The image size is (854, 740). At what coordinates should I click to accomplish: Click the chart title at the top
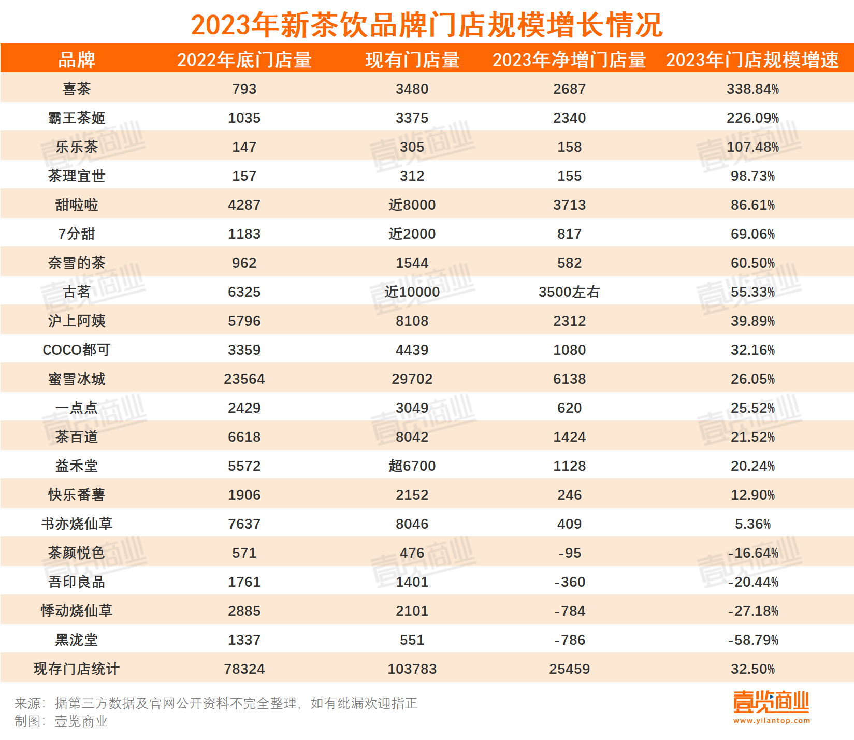pyautogui.click(x=427, y=24)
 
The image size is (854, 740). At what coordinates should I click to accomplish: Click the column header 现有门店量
pyautogui.click(x=412, y=60)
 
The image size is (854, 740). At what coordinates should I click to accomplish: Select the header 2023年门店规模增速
pyautogui.click(x=752, y=60)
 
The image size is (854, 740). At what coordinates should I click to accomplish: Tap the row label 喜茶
pyautogui.click(x=77, y=89)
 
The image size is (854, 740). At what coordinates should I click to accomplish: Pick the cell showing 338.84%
pyautogui.click(x=752, y=89)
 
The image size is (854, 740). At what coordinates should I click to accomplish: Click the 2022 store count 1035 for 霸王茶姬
pyautogui.click(x=244, y=118)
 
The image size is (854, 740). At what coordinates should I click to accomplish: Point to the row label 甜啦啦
pyautogui.click(x=77, y=205)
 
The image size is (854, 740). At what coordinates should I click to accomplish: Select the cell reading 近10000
pyautogui.click(x=412, y=292)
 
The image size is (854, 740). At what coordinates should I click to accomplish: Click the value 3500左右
pyautogui.click(x=569, y=292)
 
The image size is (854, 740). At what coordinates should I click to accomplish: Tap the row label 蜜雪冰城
pyautogui.click(x=77, y=379)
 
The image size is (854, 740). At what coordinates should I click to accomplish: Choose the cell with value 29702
pyautogui.click(x=412, y=379)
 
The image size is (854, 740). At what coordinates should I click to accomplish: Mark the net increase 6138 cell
pyautogui.click(x=569, y=379)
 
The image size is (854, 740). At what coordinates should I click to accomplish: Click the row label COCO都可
pyautogui.click(x=77, y=350)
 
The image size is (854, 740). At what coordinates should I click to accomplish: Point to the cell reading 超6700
pyautogui.click(x=412, y=466)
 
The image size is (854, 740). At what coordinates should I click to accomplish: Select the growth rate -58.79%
pyautogui.click(x=752, y=640)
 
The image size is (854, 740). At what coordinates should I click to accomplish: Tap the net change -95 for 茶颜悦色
pyautogui.click(x=569, y=553)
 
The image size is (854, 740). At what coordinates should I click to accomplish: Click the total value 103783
pyautogui.click(x=412, y=669)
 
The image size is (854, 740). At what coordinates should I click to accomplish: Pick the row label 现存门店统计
pyautogui.click(x=77, y=669)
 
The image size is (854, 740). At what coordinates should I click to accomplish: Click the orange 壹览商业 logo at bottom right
pyautogui.click(x=771, y=702)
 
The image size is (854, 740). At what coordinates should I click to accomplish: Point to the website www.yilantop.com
pyautogui.click(x=771, y=721)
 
